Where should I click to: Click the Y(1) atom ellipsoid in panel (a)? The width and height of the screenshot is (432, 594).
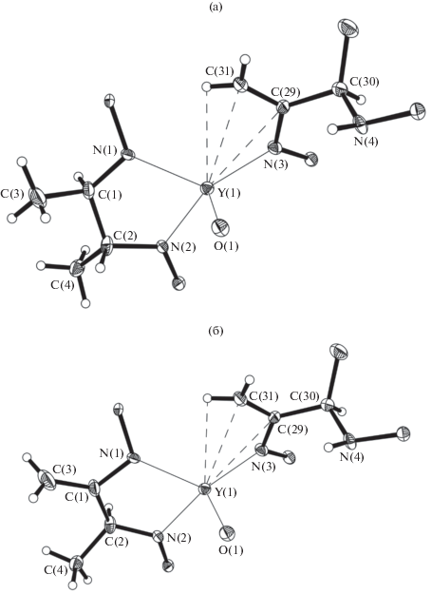(x=207, y=188)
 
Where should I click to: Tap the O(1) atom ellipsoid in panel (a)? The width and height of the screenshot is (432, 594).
(x=221, y=228)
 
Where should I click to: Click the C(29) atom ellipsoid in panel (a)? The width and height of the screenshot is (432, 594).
(x=283, y=107)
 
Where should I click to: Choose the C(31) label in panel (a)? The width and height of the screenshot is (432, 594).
(x=219, y=71)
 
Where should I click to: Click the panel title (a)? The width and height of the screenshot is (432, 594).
(x=216, y=8)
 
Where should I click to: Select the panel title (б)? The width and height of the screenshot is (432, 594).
(x=216, y=331)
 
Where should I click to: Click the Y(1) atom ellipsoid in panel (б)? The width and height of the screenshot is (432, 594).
(x=205, y=489)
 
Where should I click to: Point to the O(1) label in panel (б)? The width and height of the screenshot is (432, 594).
(x=232, y=549)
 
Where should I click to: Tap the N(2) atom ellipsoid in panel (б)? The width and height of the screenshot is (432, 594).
(x=159, y=537)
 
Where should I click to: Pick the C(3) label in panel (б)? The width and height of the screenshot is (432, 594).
(x=64, y=469)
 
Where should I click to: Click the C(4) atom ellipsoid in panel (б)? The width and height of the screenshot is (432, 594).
(x=77, y=563)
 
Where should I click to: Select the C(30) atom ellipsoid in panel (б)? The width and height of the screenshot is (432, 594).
(x=328, y=405)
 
